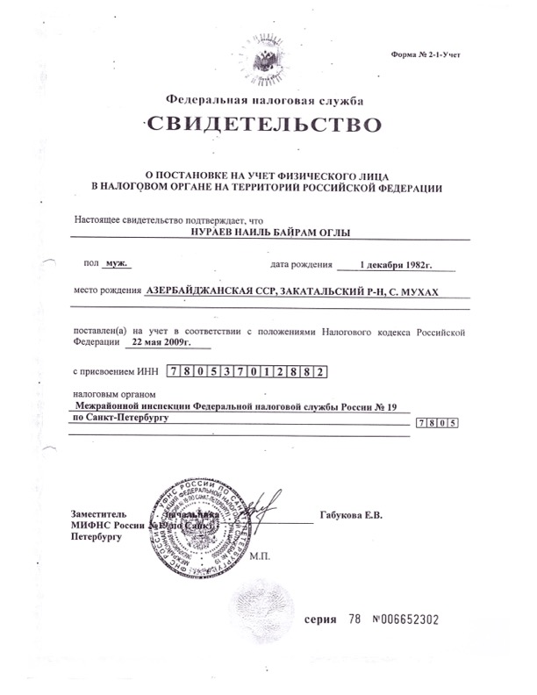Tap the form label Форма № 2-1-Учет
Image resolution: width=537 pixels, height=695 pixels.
coord(426,54)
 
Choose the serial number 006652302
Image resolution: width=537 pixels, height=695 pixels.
coord(412,620)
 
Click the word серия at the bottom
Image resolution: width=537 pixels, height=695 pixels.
coord(320,620)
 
